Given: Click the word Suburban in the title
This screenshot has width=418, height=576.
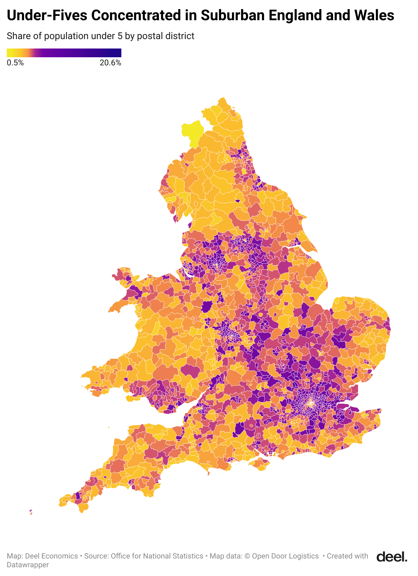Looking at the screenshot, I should click(232, 15).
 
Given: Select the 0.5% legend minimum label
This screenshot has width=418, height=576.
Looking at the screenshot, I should click(15, 63).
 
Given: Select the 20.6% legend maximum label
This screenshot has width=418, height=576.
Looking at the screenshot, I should click(110, 63).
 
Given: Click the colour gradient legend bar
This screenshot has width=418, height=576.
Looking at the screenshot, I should click(64, 53).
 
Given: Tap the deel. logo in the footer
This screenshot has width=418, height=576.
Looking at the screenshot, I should click(392, 556).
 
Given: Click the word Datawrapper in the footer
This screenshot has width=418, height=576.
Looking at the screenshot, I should click(28, 565).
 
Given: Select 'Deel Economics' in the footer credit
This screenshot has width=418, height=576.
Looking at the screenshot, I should click(51, 556).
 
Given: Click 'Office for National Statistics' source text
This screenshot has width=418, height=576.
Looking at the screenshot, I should click(157, 556).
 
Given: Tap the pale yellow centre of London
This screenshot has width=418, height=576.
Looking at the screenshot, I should click(311, 403).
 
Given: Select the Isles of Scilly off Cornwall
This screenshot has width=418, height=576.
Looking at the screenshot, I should click(31, 512).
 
